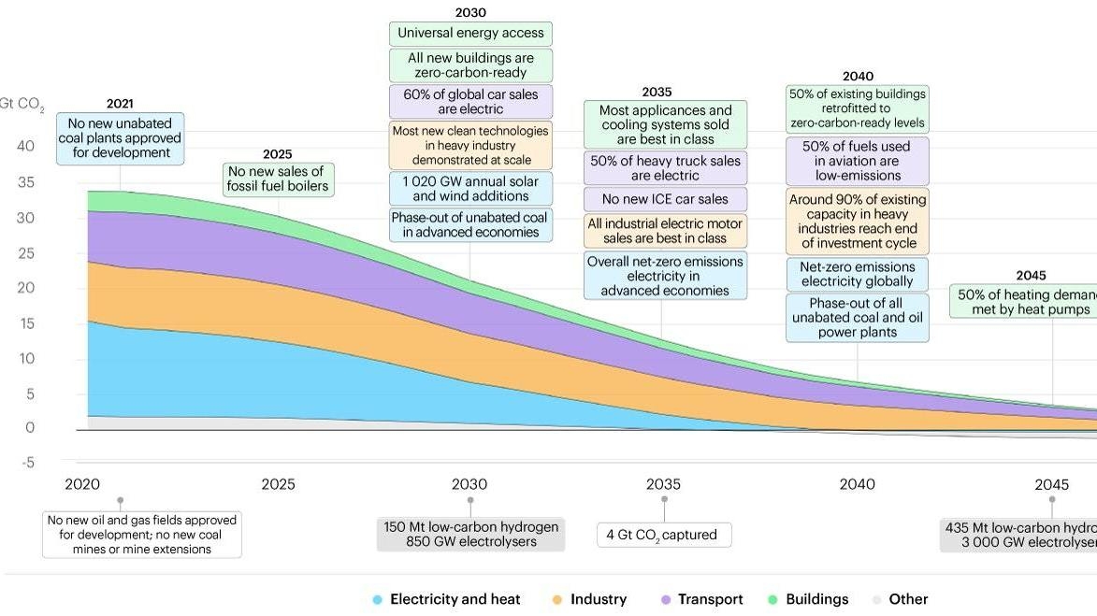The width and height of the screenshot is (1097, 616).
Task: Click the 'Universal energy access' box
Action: tap(470, 34)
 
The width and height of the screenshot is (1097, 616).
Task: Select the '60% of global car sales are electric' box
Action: tap(470, 102)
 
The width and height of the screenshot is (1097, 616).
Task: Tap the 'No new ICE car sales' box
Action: tap(665, 199)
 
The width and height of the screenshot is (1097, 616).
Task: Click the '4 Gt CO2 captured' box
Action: tap(664, 535)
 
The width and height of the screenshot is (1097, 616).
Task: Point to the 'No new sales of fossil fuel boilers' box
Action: tap(278, 179)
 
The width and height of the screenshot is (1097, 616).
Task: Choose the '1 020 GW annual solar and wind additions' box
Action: tap(470, 189)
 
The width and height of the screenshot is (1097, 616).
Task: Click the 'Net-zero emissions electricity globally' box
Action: tap(857, 274)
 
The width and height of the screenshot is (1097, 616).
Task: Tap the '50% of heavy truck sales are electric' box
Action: tap(665, 168)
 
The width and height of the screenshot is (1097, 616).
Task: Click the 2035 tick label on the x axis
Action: tap(663, 484)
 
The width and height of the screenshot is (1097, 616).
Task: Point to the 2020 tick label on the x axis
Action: tap(82, 484)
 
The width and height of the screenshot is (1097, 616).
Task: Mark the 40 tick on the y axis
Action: tap(25, 146)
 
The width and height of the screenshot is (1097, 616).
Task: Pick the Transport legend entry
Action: tap(701, 599)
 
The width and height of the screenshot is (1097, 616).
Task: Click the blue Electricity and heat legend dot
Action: tap(377, 599)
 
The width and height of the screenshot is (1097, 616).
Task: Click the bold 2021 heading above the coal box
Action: tap(120, 104)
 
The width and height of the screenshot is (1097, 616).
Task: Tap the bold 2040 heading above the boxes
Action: tap(857, 77)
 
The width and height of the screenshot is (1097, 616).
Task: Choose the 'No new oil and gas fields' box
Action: tap(142, 535)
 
